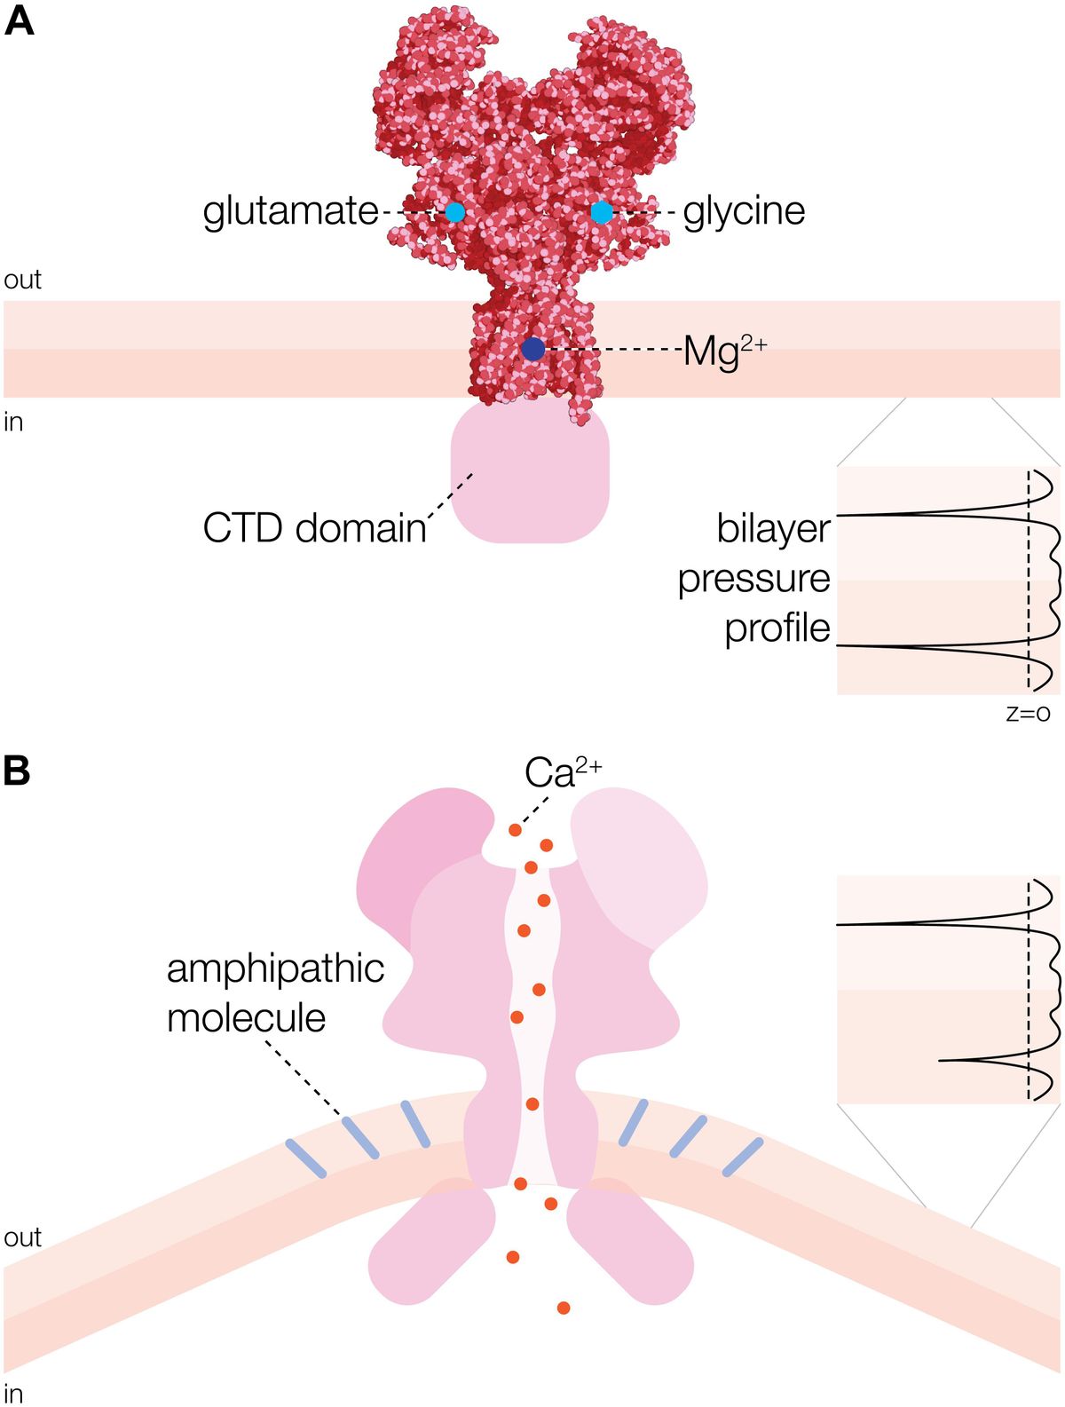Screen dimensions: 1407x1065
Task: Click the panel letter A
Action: coord(19,20)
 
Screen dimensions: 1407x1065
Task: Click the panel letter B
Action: coord(17,771)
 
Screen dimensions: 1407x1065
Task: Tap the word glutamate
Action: coord(290,211)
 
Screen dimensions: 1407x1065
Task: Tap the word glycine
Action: coord(744,211)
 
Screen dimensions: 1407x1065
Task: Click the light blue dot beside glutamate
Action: coord(455,211)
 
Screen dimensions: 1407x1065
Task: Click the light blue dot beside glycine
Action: coord(602,211)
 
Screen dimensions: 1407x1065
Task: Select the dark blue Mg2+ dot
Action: coord(532,349)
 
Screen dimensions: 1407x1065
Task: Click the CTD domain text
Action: coord(314,528)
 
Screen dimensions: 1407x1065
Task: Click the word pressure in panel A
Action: coord(753,579)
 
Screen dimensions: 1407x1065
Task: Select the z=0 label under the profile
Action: coord(1028,713)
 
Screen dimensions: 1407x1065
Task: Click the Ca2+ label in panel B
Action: coord(561,773)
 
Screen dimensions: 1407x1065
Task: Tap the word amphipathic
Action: coord(275,969)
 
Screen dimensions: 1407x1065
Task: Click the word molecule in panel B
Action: coord(246,1018)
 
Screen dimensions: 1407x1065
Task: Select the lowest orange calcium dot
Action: coord(563,1308)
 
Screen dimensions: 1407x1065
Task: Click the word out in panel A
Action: coord(22,281)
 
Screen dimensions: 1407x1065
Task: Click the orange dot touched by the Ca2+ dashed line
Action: coord(514,831)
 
